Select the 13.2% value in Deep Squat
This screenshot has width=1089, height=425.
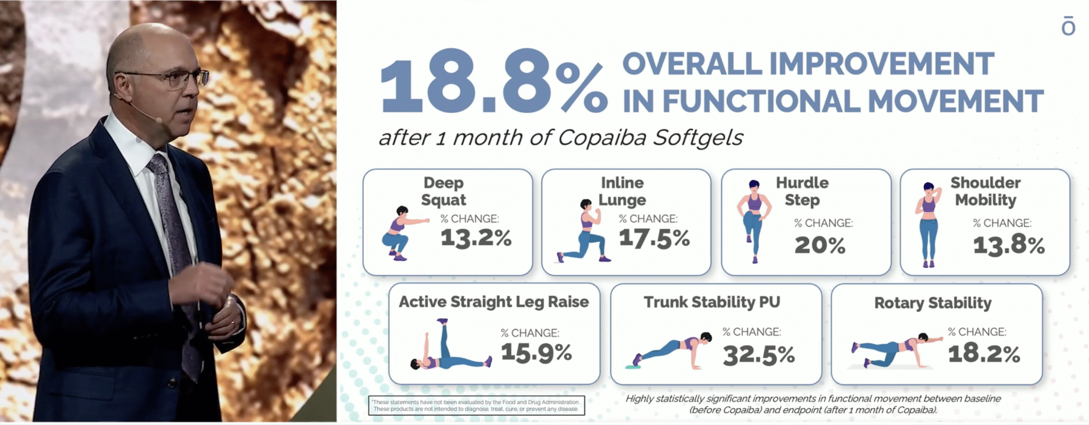coord(476,238)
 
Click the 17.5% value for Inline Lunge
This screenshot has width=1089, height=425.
coord(654,238)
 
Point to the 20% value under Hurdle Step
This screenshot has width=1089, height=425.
coord(820,245)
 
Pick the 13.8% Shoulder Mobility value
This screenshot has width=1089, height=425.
coord(1009,245)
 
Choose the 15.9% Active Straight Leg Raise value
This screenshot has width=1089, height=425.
coord(536,352)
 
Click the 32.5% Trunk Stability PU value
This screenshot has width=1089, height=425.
coord(759,355)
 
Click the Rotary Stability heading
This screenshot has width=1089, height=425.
coord(933,303)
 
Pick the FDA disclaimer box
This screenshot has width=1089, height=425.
coord(476,405)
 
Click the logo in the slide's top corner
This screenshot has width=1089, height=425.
coord(1068,26)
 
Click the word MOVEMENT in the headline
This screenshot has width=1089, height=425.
coord(955,101)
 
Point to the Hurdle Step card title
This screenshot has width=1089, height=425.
coord(802,191)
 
